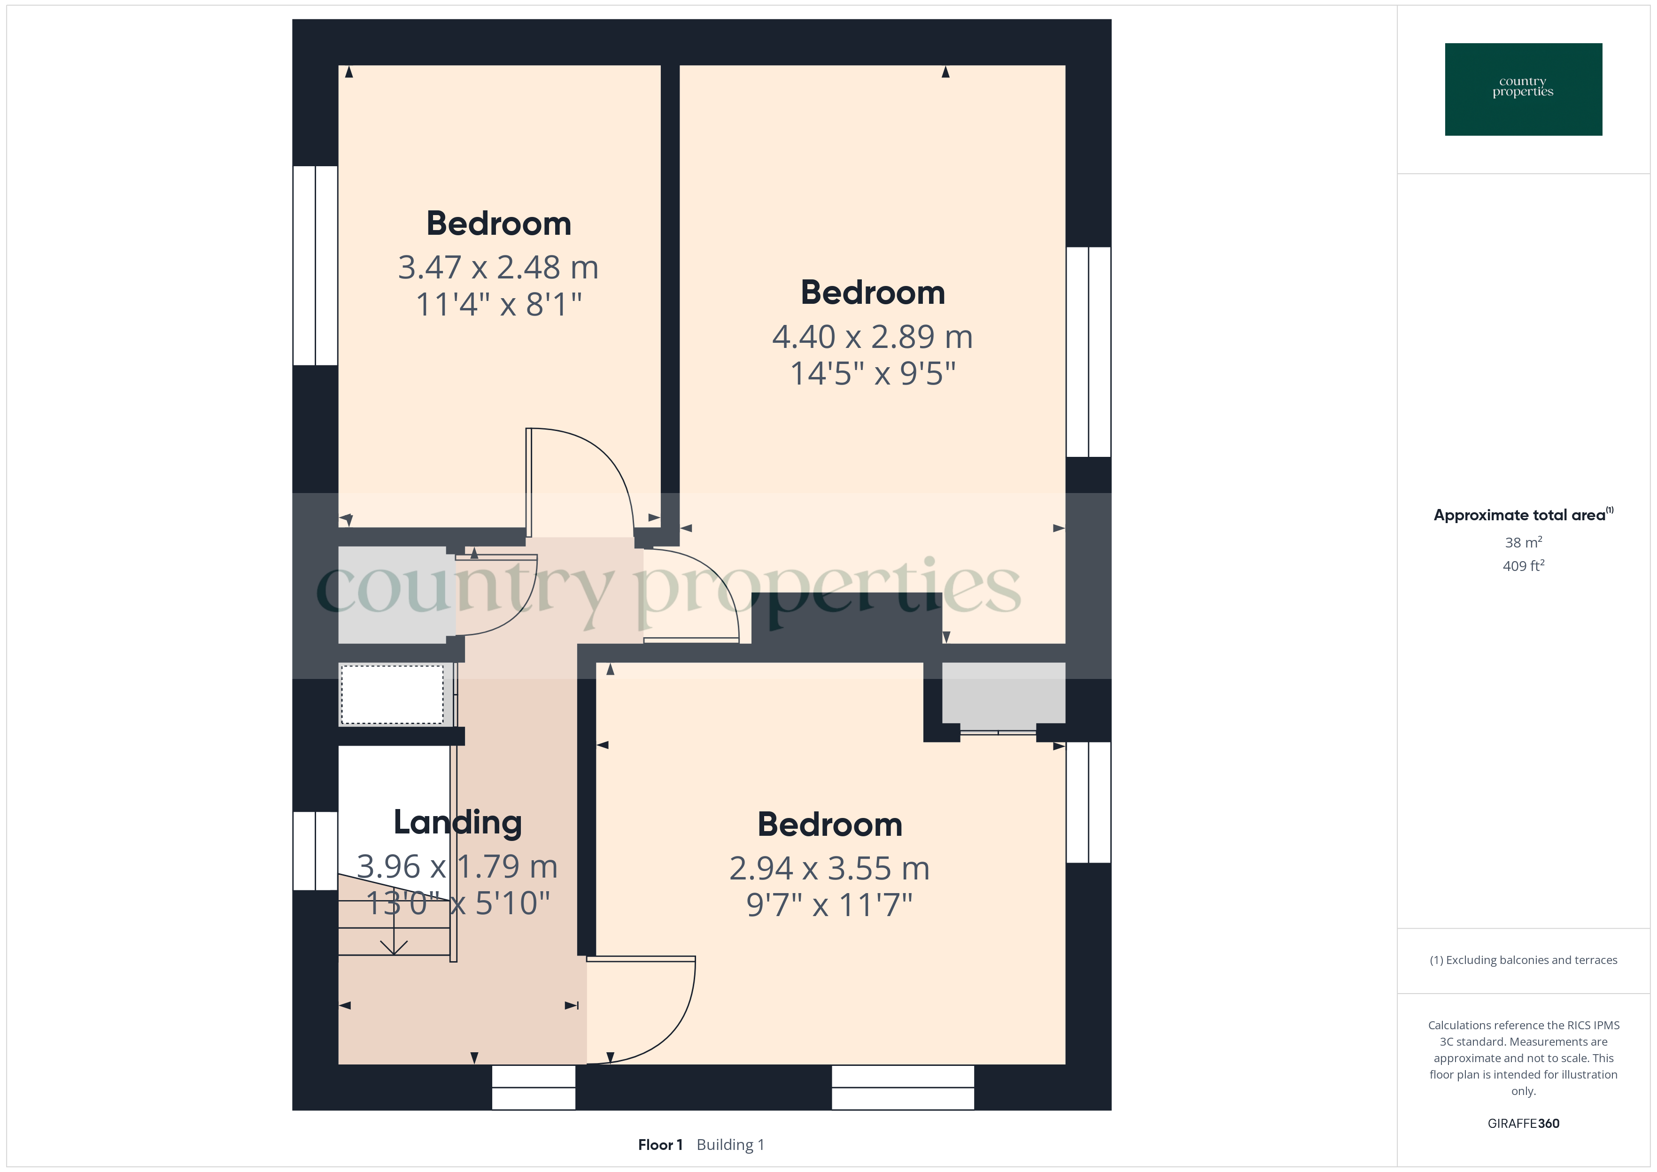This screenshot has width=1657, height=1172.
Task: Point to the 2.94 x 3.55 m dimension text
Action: pyautogui.click(x=829, y=868)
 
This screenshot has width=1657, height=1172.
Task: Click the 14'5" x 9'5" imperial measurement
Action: pyautogui.click(x=873, y=374)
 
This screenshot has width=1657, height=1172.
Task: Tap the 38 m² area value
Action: pyautogui.click(x=1524, y=542)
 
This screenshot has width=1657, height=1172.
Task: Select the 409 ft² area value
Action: pyautogui.click(x=1524, y=566)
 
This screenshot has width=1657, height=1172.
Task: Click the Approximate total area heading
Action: pyautogui.click(x=1523, y=515)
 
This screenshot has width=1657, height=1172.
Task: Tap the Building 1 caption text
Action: pyautogui.click(x=730, y=1145)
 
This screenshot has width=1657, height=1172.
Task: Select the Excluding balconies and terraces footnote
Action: pyautogui.click(x=1524, y=960)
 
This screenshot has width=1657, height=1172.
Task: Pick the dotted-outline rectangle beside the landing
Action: pyautogui.click(x=392, y=694)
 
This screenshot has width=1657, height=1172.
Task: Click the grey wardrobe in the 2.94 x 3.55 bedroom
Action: pyautogui.click(x=1003, y=693)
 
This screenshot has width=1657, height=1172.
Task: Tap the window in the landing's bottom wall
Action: pyautogui.click(x=534, y=1087)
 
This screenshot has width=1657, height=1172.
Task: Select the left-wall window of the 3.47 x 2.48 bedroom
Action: pyautogui.click(x=315, y=266)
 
